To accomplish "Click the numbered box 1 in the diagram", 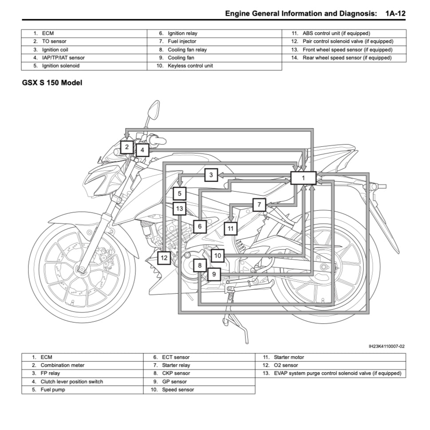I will (x=303, y=178).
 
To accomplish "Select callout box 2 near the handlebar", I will (x=127, y=147).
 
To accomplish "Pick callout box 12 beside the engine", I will (x=164, y=257).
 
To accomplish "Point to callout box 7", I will (x=259, y=205).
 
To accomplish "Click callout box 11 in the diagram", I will (x=230, y=229).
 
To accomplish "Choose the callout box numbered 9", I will (x=213, y=274).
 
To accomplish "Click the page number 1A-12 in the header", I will (x=395, y=13).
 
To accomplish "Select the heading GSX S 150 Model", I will (x=52, y=83).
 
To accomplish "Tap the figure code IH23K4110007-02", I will (x=386, y=346).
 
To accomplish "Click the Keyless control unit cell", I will (x=190, y=66).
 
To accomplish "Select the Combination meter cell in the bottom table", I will (x=62, y=365).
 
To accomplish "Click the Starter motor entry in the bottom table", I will (x=289, y=357).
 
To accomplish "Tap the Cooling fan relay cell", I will (x=187, y=50).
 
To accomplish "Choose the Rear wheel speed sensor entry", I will (x=347, y=58).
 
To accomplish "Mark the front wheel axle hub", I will (x=81, y=269).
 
